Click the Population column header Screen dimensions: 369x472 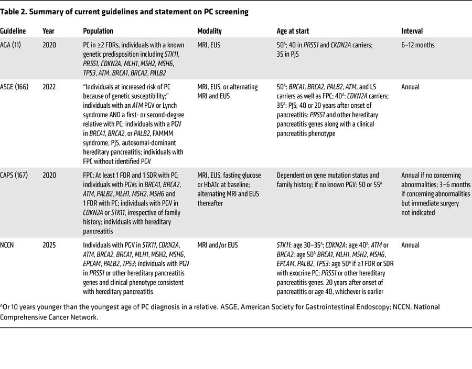98,31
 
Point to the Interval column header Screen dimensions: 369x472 412,31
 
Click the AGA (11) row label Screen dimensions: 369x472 13,45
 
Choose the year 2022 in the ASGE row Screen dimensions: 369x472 51,86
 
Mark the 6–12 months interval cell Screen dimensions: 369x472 418,45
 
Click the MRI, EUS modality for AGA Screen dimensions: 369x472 209,45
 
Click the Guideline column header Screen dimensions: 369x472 14,31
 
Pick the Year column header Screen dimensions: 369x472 49,31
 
